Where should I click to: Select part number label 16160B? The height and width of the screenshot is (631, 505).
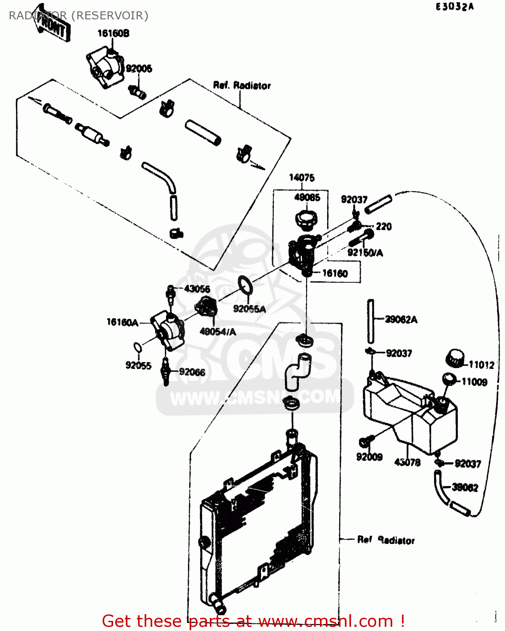point(113,33)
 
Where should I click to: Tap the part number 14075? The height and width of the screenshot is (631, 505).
point(301,178)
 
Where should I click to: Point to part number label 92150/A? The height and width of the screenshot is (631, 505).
point(365,252)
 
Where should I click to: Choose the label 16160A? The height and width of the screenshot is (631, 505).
point(122,322)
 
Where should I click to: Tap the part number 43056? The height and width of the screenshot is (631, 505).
point(197,289)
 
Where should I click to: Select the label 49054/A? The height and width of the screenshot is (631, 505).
point(217,332)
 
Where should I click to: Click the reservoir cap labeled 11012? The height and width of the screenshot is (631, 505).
point(454,358)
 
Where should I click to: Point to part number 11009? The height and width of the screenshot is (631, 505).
point(474,382)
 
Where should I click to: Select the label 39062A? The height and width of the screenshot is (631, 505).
point(401,320)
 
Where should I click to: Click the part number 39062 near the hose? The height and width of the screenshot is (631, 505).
point(465,488)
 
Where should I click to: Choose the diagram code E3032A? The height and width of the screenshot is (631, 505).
point(455,7)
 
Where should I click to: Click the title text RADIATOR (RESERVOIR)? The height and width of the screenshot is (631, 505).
point(79,16)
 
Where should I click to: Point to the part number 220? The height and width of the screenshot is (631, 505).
point(383,227)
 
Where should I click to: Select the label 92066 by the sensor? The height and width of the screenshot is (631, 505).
point(192,372)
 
